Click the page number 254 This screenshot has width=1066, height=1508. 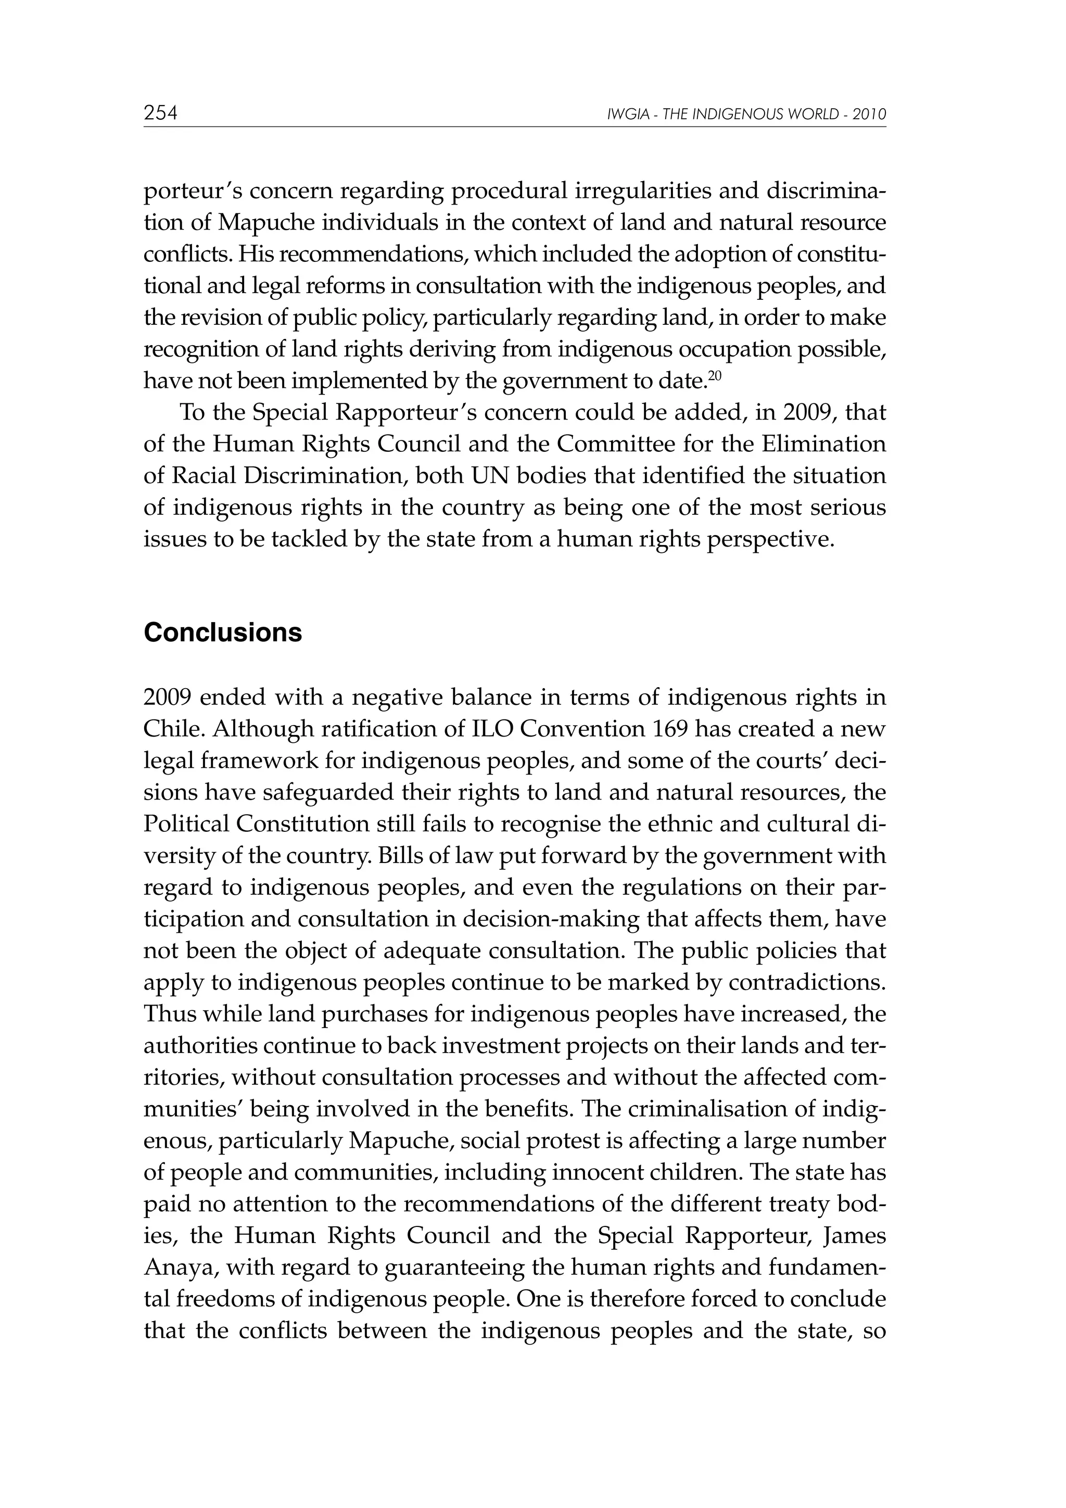[160, 113]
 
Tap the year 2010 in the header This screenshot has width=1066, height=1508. [870, 115]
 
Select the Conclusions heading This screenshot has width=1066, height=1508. [223, 632]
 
